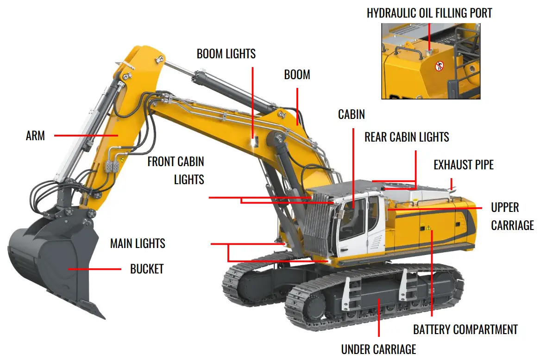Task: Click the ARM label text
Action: pos(35,136)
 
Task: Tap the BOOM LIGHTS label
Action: pos(226,54)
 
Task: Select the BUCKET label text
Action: pos(146,269)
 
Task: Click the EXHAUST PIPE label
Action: pos(463,165)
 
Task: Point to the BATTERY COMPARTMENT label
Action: pos(465,329)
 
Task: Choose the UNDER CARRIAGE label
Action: pos(378,349)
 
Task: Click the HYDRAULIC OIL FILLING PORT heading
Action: pos(429,13)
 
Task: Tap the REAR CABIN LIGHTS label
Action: pos(407,137)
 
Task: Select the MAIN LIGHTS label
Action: pos(137,243)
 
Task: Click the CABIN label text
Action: pos(351,114)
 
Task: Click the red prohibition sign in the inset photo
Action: pos(439,67)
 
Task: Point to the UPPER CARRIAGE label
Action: pos(512,216)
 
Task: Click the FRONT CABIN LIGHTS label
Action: pos(176,170)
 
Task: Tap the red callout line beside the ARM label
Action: pos(86,136)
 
